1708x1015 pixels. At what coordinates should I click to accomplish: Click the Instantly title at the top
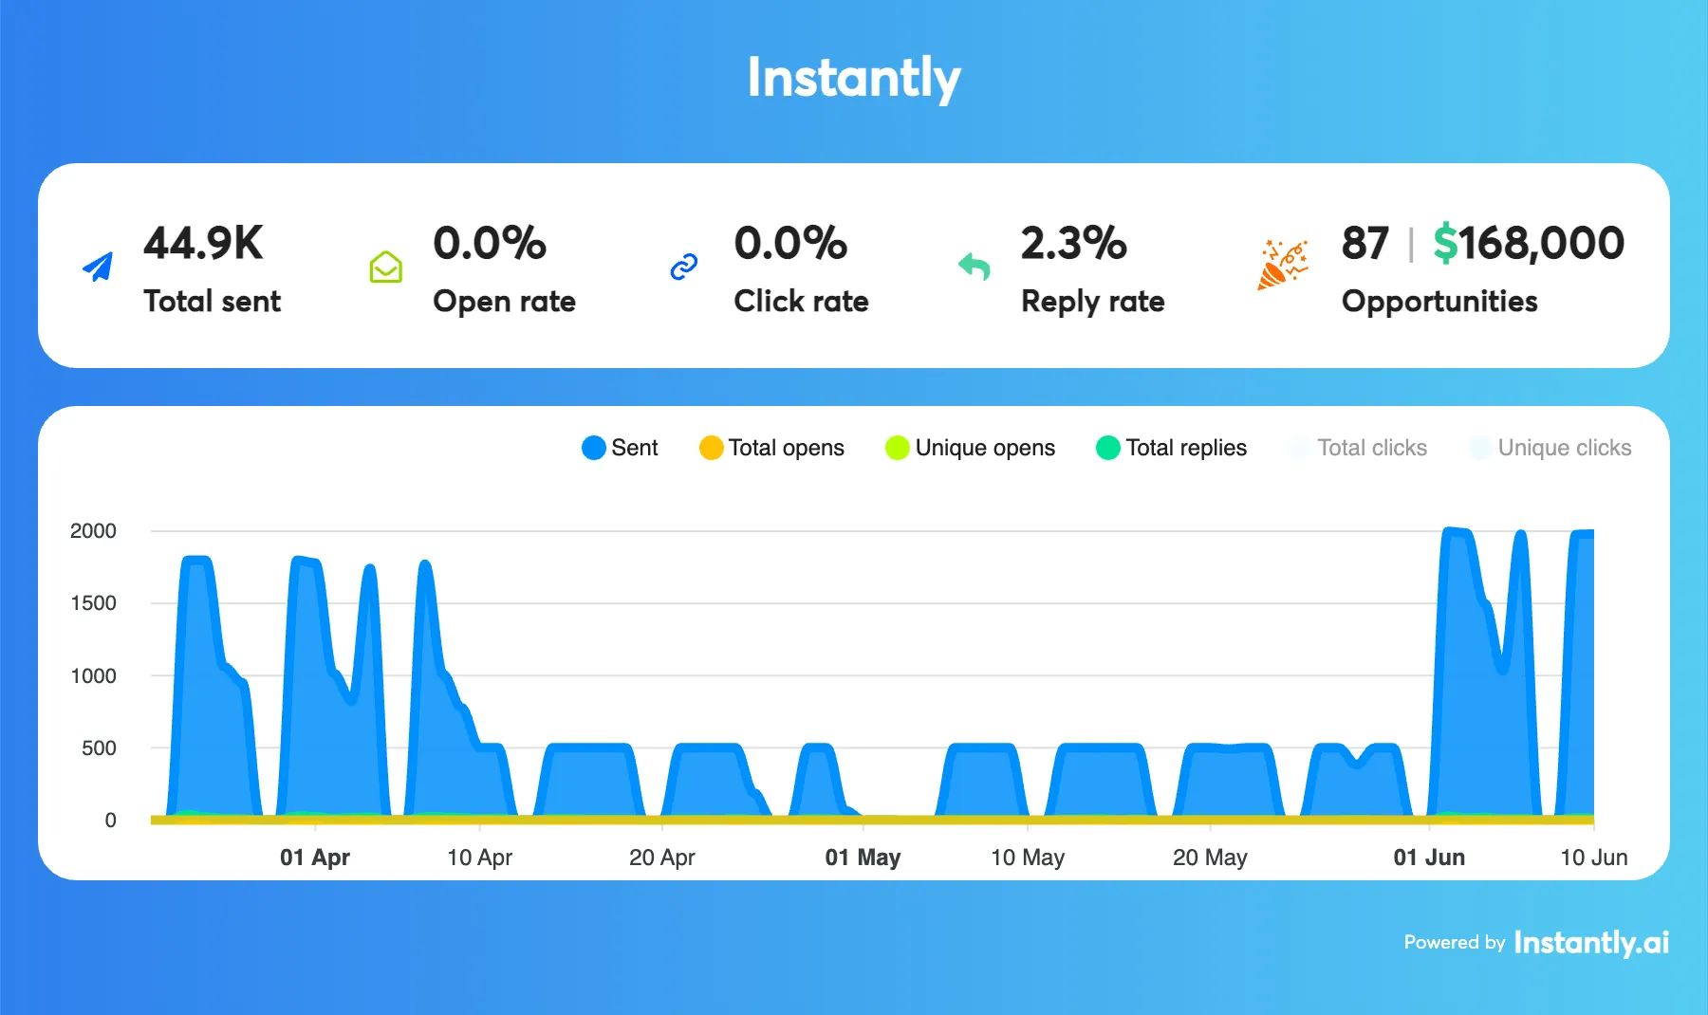(853, 78)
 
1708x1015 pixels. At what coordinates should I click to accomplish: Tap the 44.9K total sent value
(203, 244)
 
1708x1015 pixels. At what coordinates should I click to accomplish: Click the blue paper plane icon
(99, 267)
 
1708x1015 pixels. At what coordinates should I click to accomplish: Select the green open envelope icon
(385, 268)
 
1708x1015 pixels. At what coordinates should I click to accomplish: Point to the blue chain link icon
(683, 268)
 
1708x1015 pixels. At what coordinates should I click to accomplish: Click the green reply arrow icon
(975, 267)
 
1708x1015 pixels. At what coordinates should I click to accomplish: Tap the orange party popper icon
(1282, 265)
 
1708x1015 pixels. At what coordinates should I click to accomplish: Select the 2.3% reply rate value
(1073, 244)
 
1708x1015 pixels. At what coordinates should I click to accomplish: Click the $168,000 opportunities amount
(1529, 244)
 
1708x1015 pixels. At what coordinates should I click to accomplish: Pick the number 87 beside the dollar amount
(1365, 244)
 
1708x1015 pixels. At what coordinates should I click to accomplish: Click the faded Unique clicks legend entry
(1550, 448)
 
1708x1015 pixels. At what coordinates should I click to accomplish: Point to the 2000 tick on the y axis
(93, 531)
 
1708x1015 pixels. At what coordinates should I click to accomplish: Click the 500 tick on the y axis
(99, 748)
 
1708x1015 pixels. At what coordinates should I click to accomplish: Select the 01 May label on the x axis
(863, 858)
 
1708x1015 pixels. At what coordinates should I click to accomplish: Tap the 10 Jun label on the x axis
(1593, 858)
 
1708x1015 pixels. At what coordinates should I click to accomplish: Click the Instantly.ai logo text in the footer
(1591, 942)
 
